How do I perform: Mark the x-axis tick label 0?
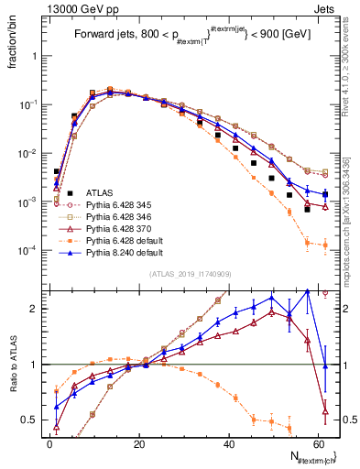coord(49,442)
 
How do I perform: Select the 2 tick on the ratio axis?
coord(38,309)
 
